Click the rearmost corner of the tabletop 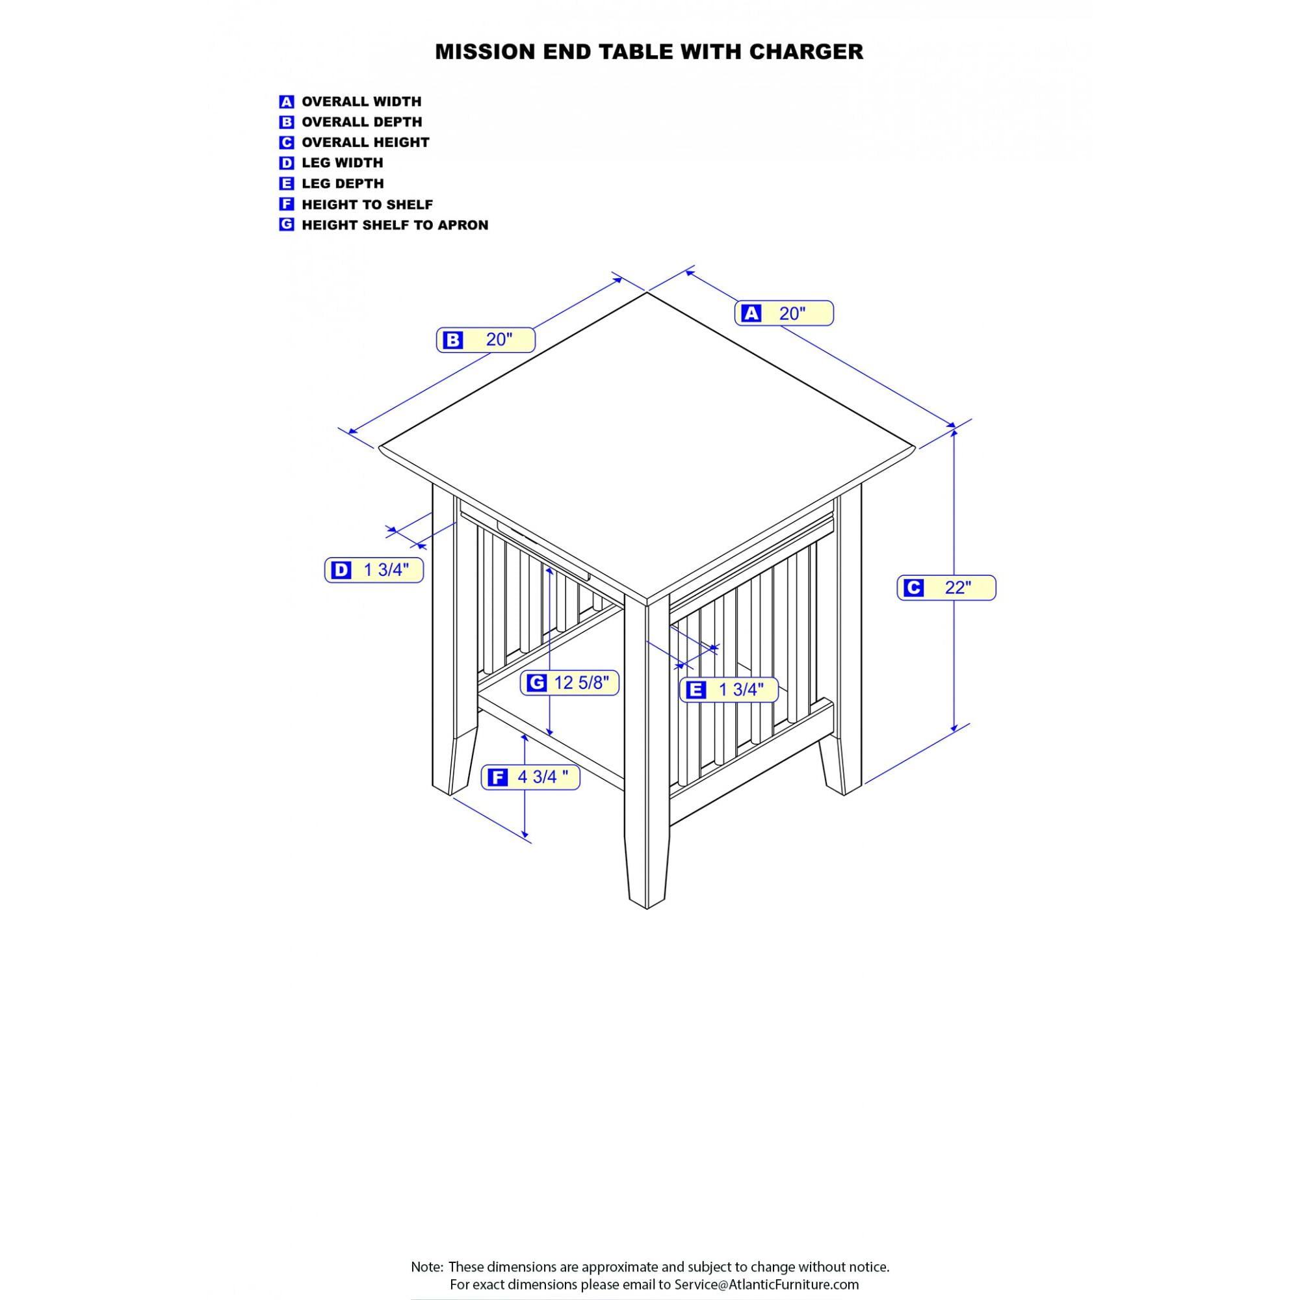[647, 292]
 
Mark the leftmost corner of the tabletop [379, 447]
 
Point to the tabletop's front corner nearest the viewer [647, 601]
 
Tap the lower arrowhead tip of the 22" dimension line [954, 732]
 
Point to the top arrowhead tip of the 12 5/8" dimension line [550, 567]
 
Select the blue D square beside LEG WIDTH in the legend [287, 163]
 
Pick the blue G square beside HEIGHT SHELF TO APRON [287, 225]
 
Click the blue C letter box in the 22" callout [913, 588]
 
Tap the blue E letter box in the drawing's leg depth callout [695, 690]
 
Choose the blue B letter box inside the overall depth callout [453, 341]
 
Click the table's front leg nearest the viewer [647, 753]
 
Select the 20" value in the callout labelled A [792, 313]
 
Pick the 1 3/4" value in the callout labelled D [386, 570]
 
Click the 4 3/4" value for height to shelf [542, 777]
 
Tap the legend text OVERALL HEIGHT [365, 142]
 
